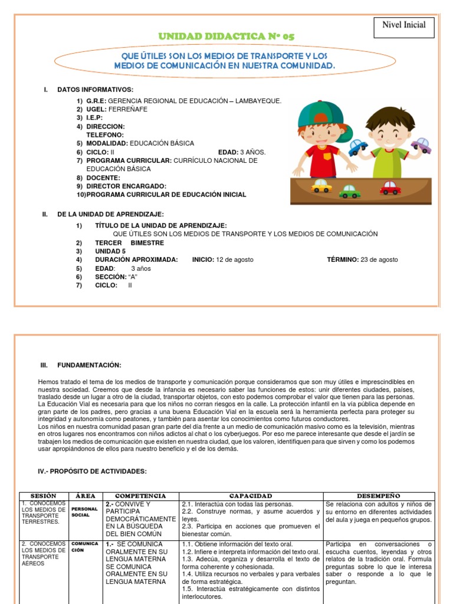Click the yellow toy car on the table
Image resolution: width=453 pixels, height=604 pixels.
(321, 186)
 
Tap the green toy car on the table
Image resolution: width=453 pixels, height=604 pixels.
(349, 191)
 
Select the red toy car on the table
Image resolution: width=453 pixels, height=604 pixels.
(390, 188)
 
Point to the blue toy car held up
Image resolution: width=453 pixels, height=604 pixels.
(357, 147)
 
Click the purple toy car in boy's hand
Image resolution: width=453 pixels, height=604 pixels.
(421, 145)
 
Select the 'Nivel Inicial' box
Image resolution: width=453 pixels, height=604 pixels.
(404, 24)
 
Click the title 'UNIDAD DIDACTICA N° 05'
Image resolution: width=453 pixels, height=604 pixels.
(226, 37)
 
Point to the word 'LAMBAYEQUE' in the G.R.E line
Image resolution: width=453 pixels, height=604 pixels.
(254, 101)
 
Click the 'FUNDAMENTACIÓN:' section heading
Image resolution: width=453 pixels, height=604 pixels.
(89, 365)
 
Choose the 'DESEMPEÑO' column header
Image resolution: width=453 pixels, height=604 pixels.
(378, 496)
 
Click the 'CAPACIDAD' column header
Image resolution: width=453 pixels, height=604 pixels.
(251, 496)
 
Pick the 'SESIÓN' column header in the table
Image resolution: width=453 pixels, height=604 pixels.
(42, 496)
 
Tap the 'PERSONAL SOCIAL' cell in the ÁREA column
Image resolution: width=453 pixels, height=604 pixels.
(84, 511)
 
